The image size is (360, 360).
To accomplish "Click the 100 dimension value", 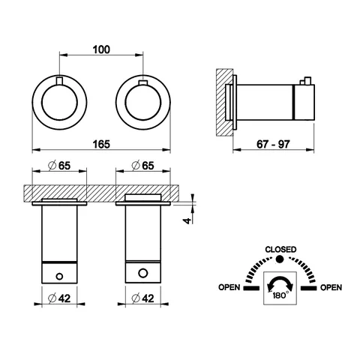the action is pyautogui.click(x=101, y=49).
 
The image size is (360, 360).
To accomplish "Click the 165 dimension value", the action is pyautogui.click(x=101, y=144).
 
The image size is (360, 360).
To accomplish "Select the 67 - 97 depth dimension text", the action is pyautogui.click(x=273, y=144).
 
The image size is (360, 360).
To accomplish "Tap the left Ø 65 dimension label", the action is pyautogui.click(x=59, y=166).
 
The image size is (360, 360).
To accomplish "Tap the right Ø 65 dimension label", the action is pyautogui.click(x=142, y=166).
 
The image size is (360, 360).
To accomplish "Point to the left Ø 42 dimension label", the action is pyautogui.click(x=59, y=298).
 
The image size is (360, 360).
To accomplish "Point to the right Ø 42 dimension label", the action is pyautogui.click(x=142, y=298).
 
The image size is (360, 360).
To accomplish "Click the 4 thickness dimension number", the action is pyautogui.click(x=187, y=220).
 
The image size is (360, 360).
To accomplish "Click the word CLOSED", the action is pyautogui.click(x=280, y=250).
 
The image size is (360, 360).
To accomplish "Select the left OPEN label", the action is pyautogui.click(x=229, y=287).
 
